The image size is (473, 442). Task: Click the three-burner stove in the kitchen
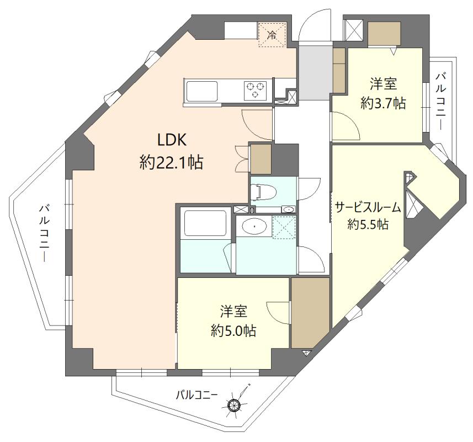coord(256,90)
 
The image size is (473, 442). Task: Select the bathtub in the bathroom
coord(204,223)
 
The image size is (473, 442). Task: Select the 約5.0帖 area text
coord(233,330)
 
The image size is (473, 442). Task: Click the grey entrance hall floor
coord(313,73)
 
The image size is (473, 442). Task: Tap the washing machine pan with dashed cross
coord(285,227)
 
